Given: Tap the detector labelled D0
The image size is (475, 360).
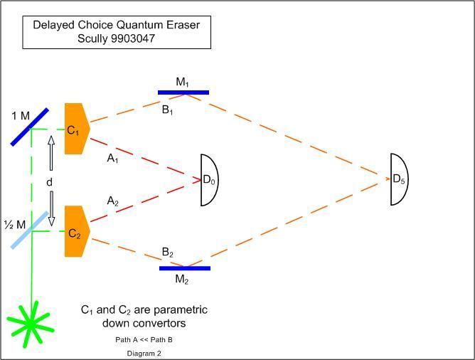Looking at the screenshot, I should coord(210,180).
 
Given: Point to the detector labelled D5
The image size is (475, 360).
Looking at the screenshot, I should coord(400,179).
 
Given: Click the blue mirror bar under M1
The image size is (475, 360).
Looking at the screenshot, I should coord(183,92).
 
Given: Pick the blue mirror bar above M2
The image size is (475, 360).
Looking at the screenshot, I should coord(184,268).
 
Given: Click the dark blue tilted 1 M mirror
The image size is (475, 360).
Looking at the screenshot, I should coord(30,127).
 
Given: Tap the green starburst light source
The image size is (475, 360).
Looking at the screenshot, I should coord(30,323).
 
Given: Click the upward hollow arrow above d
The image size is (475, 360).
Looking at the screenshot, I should coord(50,153).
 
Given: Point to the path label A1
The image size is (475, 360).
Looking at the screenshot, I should coord(112,159).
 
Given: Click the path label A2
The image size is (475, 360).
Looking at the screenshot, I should coord(112,202).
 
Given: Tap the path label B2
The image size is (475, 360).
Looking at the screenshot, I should coord(168,253).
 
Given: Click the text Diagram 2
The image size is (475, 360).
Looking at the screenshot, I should coord(144,353).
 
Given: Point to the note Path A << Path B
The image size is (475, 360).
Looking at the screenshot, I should coord(144,339).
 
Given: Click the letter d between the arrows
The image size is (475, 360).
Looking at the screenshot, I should coord(50,182).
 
